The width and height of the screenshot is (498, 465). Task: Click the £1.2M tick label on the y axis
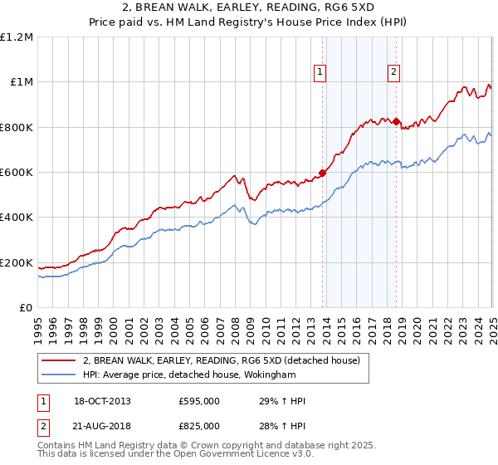17,37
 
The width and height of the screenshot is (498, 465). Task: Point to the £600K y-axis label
17,172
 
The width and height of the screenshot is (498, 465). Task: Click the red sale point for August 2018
396,121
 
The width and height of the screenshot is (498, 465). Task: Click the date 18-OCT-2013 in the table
103,401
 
